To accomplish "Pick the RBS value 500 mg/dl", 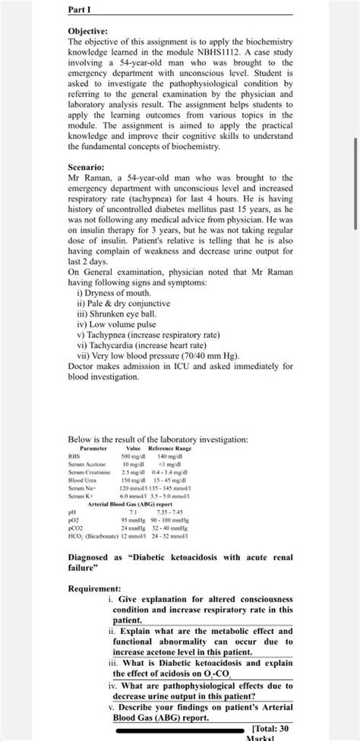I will pos(134,457).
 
